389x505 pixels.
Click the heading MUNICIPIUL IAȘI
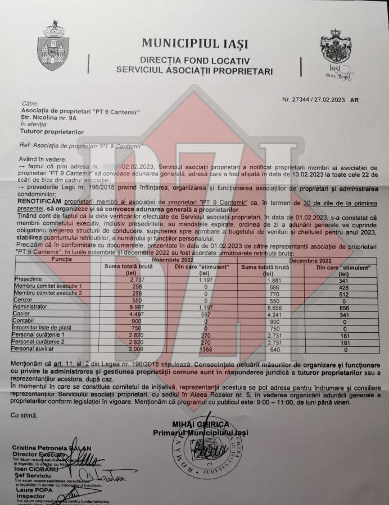click(x=194, y=43)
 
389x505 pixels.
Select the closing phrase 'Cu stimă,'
click(x=24, y=415)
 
